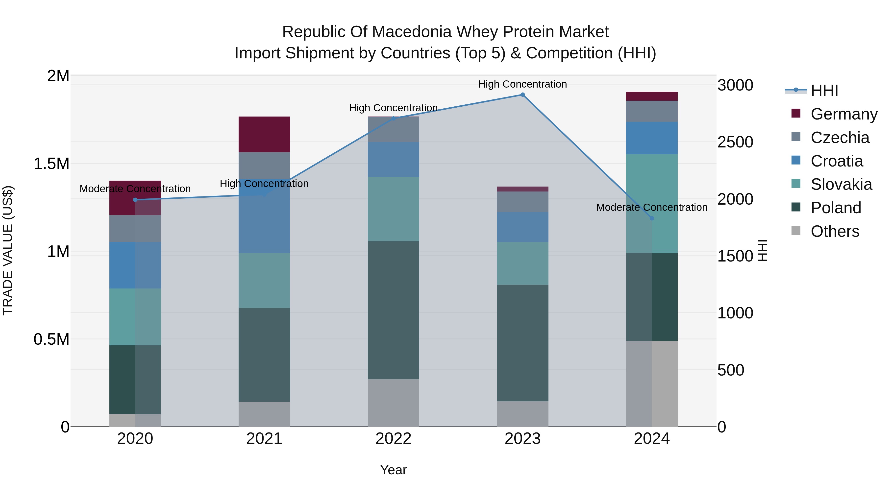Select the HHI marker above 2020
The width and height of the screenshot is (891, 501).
click(x=135, y=200)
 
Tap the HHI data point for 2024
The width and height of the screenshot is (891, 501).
click(x=652, y=218)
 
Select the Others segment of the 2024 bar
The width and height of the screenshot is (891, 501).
click(x=652, y=383)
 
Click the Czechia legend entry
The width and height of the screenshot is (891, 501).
click(x=840, y=138)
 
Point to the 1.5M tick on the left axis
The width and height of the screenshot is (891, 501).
click(x=51, y=164)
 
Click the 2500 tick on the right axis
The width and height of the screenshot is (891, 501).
click(x=735, y=142)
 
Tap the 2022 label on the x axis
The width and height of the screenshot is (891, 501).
click(x=393, y=438)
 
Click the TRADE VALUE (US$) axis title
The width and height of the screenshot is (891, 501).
click(x=8, y=250)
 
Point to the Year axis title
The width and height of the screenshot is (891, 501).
click(x=393, y=470)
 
